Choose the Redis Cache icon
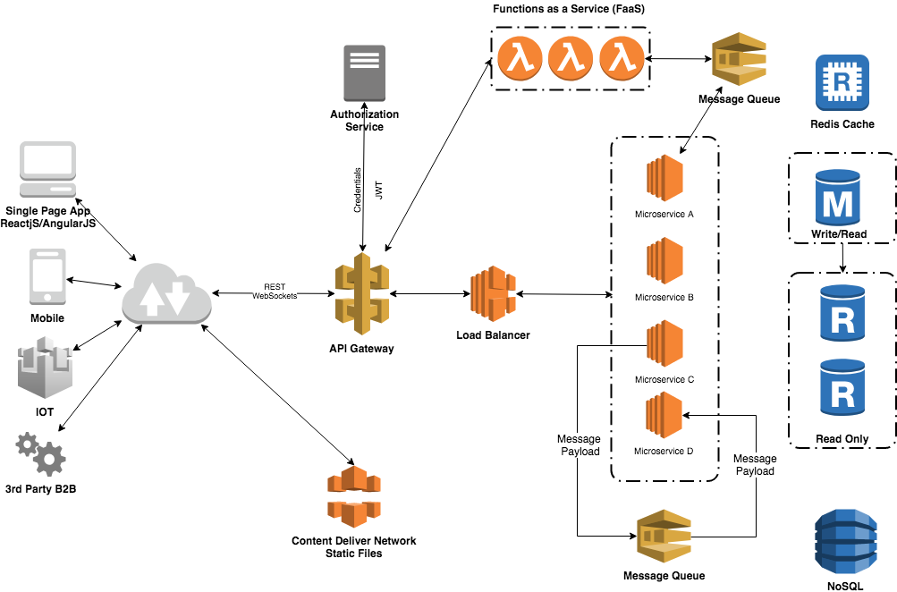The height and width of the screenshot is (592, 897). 842,83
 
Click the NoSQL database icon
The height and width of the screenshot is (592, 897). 842,540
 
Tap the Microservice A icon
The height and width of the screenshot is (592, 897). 664,182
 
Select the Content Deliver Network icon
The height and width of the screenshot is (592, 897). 354,497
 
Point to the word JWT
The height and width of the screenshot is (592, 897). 379,190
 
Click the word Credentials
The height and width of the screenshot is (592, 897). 358,190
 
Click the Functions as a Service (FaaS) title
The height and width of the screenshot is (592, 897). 570,9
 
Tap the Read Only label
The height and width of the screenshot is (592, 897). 842,439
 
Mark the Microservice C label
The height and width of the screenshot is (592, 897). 664,379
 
